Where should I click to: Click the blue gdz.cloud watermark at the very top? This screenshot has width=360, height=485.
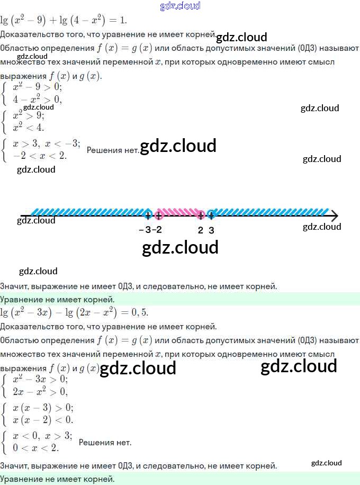point(180,6)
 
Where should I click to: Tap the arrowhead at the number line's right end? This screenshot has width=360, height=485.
point(335,215)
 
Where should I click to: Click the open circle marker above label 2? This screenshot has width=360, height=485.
point(200,214)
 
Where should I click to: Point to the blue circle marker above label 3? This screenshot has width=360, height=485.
point(211,214)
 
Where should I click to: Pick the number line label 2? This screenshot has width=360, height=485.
point(200,230)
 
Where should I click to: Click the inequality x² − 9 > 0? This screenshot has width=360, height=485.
point(37,87)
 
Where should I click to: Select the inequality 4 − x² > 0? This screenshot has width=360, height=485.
point(37,99)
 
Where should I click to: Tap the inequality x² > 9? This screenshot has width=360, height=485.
point(29,116)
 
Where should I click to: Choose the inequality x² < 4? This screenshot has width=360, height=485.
point(29,127)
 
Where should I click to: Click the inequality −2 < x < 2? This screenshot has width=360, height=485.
point(40,155)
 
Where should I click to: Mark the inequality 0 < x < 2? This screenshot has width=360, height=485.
point(36,447)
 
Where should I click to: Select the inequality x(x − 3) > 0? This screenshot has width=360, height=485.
point(43,408)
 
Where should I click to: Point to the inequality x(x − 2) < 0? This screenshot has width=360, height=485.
point(43,420)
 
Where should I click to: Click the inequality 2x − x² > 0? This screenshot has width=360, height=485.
point(40,392)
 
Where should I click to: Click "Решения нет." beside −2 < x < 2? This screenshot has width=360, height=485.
point(113,150)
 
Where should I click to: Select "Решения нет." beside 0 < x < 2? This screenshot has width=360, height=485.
point(105,442)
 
